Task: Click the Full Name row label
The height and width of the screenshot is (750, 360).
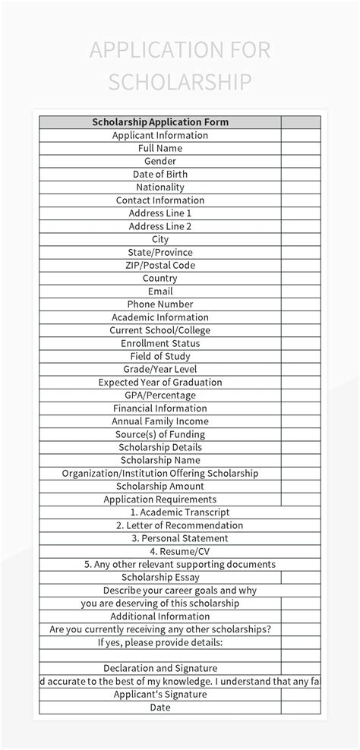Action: pyautogui.click(x=159, y=148)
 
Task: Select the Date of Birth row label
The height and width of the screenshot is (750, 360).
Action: pyautogui.click(x=159, y=174)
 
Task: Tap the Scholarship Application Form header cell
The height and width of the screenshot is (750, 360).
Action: pyautogui.click(x=159, y=121)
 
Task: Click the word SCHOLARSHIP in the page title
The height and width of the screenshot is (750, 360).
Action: pyautogui.click(x=179, y=82)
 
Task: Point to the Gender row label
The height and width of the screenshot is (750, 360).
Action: pyautogui.click(x=159, y=161)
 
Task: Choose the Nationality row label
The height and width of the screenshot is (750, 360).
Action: pyautogui.click(x=159, y=187)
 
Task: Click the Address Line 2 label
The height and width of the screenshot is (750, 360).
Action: pyautogui.click(x=159, y=226)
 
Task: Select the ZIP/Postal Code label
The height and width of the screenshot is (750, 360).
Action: pyautogui.click(x=159, y=265)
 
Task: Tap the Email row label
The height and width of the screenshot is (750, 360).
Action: pyautogui.click(x=159, y=291)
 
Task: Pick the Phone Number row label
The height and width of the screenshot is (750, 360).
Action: pyautogui.click(x=159, y=304)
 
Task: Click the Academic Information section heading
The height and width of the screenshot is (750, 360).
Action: pyautogui.click(x=159, y=317)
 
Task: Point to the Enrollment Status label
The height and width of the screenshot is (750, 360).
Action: pyautogui.click(x=159, y=343)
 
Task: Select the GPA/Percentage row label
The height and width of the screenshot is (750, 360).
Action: pyautogui.click(x=159, y=395)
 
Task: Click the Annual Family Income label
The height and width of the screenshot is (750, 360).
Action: pyautogui.click(x=159, y=421)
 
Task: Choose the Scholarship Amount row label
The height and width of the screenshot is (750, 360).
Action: pyautogui.click(x=159, y=486)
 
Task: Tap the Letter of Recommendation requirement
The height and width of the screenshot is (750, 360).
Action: pyautogui.click(x=159, y=525)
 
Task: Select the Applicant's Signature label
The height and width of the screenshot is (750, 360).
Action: pyautogui.click(x=159, y=694)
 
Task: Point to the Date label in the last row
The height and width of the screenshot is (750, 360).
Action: pyautogui.click(x=159, y=707)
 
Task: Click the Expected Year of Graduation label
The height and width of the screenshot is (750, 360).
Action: pyautogui.click(x=159, y=382)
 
